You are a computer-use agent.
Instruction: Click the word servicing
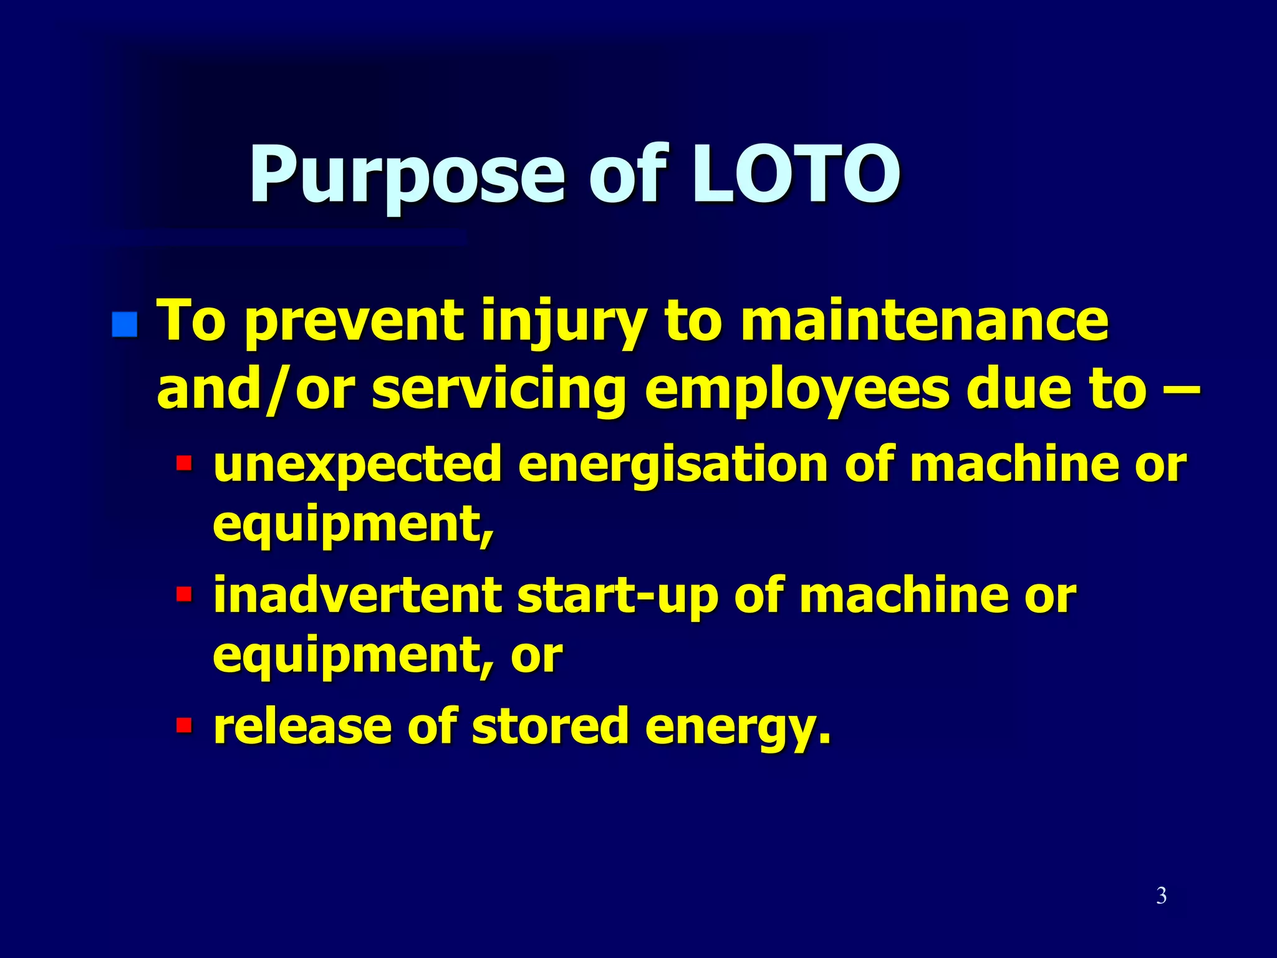point(499,390)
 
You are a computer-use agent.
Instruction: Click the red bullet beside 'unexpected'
point(184,463)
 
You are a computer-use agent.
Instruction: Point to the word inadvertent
point(357,595)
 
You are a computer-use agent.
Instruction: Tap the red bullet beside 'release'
point(184,725)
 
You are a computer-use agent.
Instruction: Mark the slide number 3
point(1161,896)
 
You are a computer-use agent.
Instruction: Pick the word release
point(302,726)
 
